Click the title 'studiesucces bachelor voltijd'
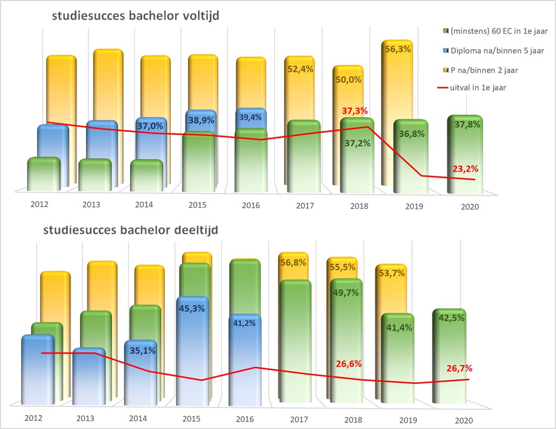pos(135,16)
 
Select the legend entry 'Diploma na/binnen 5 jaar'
pos(496,51)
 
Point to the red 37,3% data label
pos(354,111)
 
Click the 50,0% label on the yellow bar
pos(347,80)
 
